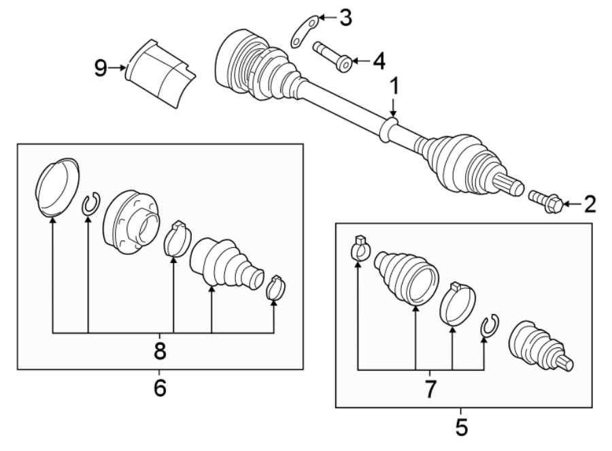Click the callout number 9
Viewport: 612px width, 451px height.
coord(101,68)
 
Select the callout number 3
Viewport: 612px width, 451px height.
coord(345,18)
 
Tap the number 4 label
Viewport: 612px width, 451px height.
coord(378,61)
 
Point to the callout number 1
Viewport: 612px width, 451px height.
coord(392,87)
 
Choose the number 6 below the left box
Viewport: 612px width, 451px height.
coord(159,388)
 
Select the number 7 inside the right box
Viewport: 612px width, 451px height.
coord(430,389)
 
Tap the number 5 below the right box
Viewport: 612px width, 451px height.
coord(460,427)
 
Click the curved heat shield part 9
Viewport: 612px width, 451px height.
coord(160,72)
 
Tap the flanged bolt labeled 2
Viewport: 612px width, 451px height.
coord(546,201)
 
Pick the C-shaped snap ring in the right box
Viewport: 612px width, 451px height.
coord(489,327)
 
